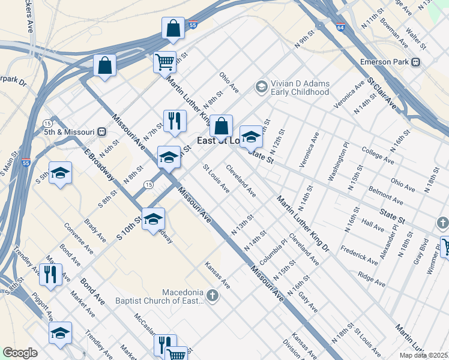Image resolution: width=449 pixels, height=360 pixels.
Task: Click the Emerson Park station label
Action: click(x=384, y=62)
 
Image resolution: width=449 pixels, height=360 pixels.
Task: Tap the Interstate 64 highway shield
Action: click(x=341, y=28)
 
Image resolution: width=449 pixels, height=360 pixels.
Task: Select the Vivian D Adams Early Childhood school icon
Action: click(x=261, y=87)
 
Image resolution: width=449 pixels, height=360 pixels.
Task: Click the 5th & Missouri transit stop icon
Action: click(x=102, y=132)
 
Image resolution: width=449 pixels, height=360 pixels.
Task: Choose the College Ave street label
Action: click(x=378, y=158)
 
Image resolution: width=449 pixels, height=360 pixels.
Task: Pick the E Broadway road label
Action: click(x=99, y=163)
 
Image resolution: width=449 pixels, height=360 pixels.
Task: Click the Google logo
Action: click(x=20, y=353)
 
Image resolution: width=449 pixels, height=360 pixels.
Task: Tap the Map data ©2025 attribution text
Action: click(x=423, y=355)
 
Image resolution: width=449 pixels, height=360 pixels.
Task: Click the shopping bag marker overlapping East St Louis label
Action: click(x=221, y=127)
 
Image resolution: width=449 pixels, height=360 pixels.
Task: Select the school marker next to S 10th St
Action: click(x=153, y=218)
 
